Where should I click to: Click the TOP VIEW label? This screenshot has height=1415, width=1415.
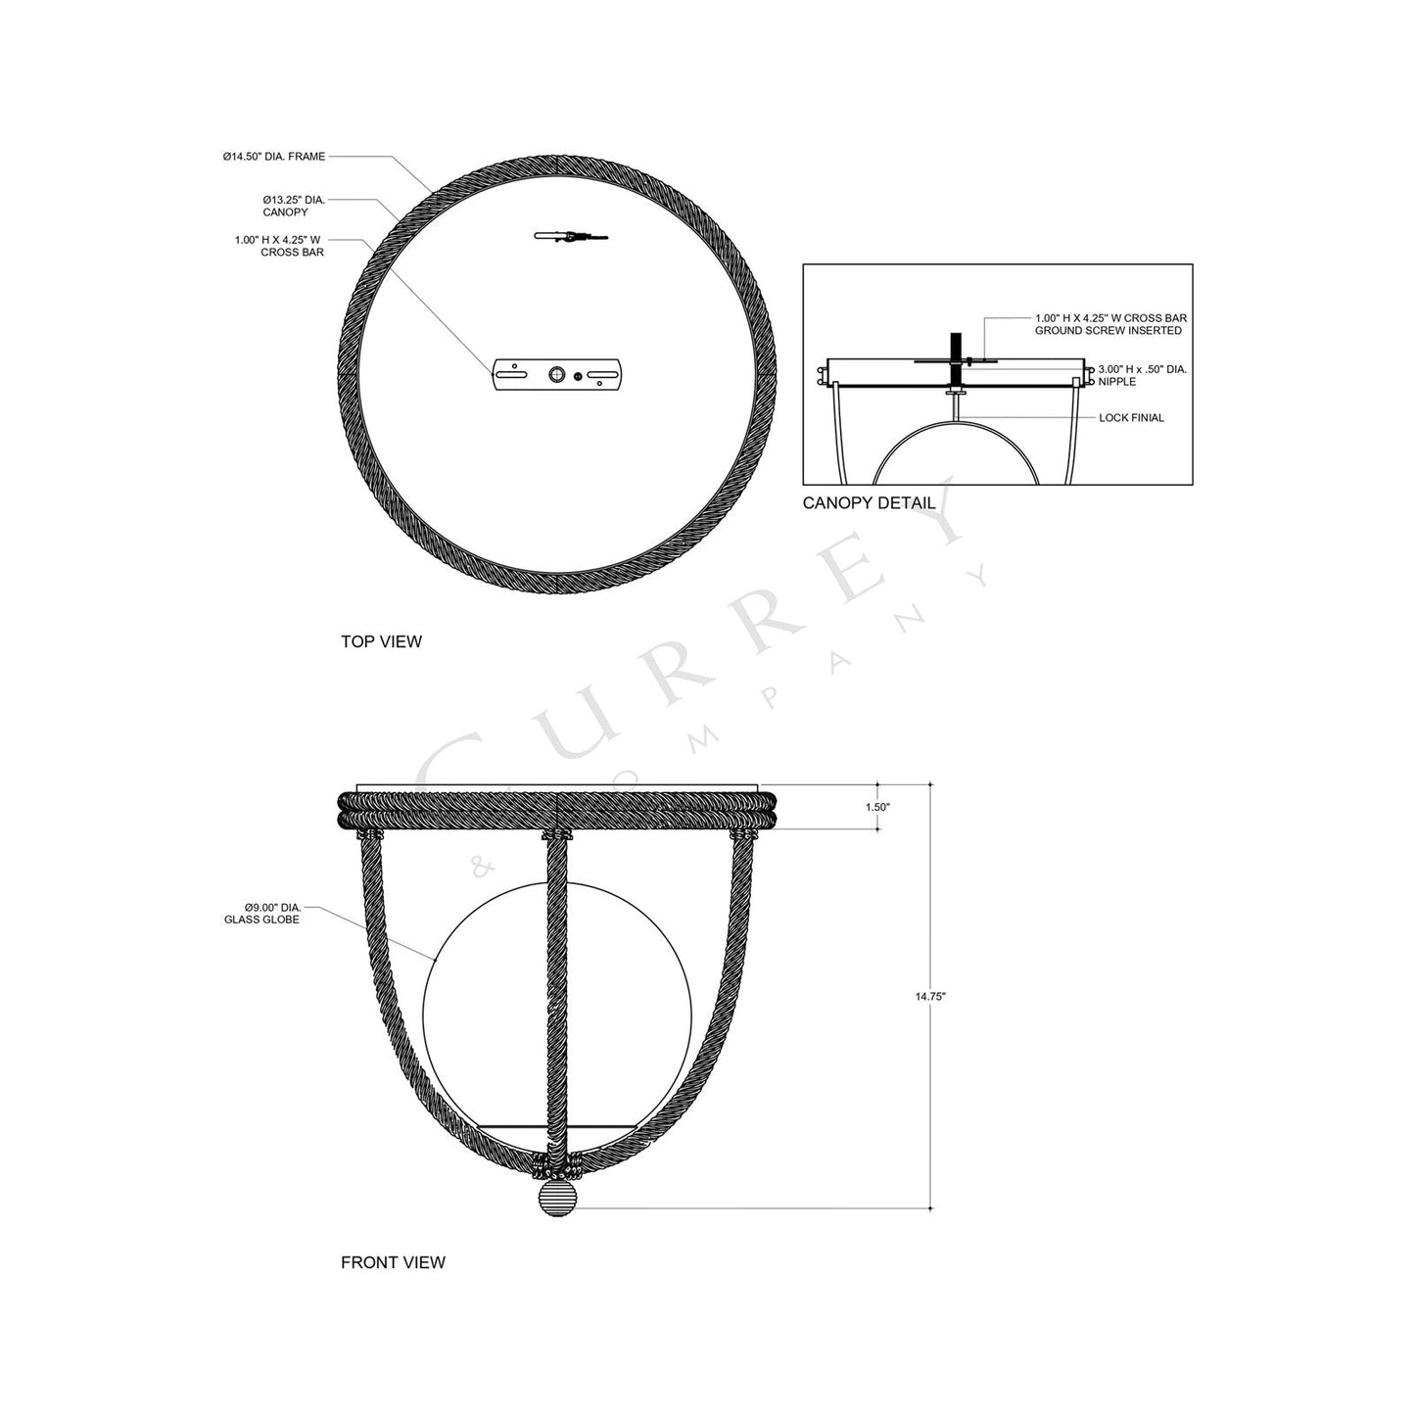pos(381,641)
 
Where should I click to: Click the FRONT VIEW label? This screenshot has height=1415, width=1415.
pos(393,1262)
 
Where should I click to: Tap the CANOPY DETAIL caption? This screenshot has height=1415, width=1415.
pos(868,503)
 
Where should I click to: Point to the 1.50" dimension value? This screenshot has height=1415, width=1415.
pos(877,807)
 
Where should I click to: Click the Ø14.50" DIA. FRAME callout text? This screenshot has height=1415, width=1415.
pos(273,157)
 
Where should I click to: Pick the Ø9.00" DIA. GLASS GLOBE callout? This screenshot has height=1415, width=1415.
pos(261,914)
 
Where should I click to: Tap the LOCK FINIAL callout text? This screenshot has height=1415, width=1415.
pos(1131,418)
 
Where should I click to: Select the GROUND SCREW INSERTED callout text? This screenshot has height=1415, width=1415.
pos(1108,331)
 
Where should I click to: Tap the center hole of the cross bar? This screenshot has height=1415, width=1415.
pos(557,374)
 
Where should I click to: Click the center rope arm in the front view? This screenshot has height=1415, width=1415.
pos(556,989)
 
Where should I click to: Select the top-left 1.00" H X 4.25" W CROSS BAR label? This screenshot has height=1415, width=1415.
pos(279,246)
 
